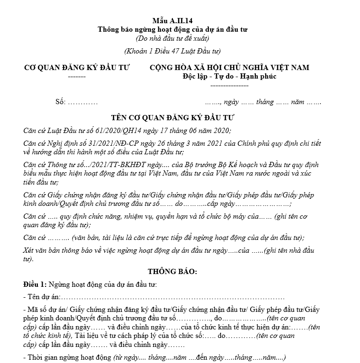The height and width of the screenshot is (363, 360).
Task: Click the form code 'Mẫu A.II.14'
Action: [173, 20]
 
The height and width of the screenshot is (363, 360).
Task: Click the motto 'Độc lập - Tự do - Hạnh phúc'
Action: [229, 77]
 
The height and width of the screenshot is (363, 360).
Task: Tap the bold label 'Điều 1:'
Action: [35, 284]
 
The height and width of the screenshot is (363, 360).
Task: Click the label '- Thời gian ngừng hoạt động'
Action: [67, 358]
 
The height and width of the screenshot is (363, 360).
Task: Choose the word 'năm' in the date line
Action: [298, 102]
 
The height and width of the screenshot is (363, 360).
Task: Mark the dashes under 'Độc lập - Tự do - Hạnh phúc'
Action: [229, 86]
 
